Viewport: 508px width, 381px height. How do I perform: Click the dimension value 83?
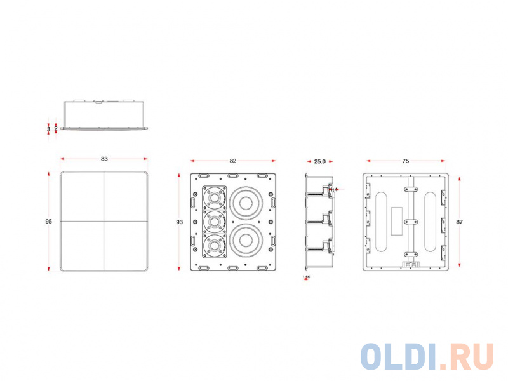pyautogui.click(x=104, y=159)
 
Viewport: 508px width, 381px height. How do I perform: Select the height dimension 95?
pyautogui.click(x=48, y=221)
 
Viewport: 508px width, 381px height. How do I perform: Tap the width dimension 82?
pyautogui.click(x=233, y=161)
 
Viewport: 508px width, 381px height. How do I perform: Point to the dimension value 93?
pyautogui.click(x=180, y=222)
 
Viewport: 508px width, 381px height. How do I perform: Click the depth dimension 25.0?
pyautogui.click(x=319, y=161)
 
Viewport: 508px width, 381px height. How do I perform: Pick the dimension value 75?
pyautogui.click(x=406, y=161)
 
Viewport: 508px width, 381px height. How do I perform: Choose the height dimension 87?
pyautogui.click(x=460, y=221)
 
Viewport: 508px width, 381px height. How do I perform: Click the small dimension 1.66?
pyautogui.click(x=307, y=277)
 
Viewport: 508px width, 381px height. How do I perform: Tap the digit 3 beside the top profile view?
pyautogui.click(x=49, y=128)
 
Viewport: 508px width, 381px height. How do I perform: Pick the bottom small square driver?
pyautogui.click(x=215, y=244)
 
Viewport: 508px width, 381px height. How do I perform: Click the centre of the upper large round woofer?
pyautogui.click(x=246, y=203)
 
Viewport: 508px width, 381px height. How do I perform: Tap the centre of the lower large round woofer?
pyautogui.click(x=246, y=240)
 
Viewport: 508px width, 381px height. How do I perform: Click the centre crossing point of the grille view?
pyautogui.click(x=104, y=221)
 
